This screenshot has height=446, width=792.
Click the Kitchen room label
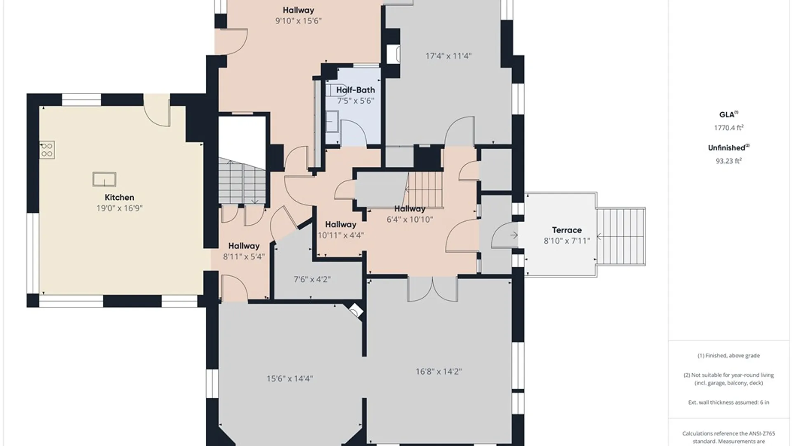119,197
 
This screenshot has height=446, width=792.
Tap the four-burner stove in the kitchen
47,150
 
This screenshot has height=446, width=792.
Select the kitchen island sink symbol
104,179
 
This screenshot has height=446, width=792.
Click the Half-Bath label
356,90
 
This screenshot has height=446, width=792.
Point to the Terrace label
567,230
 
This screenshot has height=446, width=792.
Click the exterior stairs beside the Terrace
621,237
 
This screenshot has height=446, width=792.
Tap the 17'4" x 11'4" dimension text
448,56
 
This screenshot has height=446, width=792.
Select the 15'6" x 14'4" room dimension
290,378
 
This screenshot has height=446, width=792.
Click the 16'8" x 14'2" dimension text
438,372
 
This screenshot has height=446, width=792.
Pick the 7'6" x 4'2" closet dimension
312,279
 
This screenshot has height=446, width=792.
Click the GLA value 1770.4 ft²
728,128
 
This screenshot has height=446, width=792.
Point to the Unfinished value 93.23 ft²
728,161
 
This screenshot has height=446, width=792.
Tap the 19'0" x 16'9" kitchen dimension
119,208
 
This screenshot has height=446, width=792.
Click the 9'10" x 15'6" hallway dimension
298,21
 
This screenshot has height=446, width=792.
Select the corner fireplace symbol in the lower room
356,311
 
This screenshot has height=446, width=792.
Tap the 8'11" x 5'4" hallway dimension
244,256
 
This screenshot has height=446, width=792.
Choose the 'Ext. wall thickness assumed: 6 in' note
728,402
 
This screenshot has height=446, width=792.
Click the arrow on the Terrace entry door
514,235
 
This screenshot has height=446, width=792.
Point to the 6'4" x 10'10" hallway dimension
410,220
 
